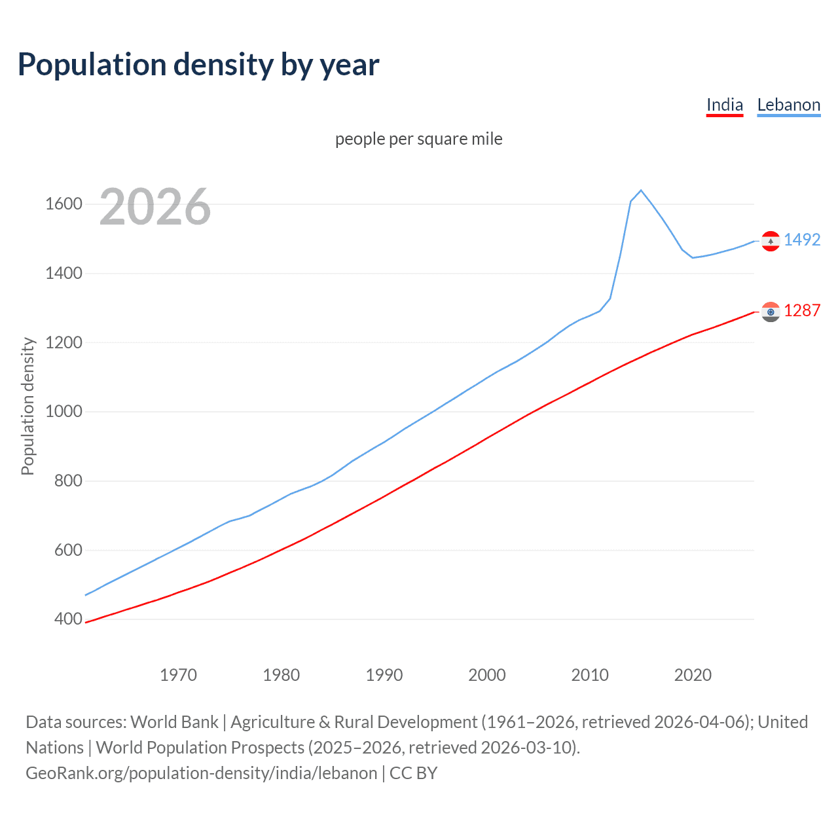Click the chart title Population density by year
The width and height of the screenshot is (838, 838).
point(198,65)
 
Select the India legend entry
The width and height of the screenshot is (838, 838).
point(724,105)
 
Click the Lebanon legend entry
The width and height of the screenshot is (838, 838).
point(788,105)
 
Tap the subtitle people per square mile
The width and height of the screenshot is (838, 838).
point(418,139)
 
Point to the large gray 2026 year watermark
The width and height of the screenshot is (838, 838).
point(155,207)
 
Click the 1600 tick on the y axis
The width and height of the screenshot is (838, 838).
point(64,204)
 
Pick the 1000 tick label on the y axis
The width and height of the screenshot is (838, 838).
point(64,412)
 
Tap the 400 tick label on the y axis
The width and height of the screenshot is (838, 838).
point(68,619)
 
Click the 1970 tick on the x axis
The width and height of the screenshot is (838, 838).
point(178,675)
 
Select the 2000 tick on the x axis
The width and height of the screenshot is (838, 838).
point(486,675)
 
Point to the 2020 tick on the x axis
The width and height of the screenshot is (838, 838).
point(693,675)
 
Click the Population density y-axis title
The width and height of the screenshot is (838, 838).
point(27,406)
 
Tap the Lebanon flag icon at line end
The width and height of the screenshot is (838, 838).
point(771,241)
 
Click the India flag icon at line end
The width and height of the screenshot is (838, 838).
point(771,312)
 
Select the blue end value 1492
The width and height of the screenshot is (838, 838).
point(802,240)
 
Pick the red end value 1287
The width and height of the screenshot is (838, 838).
point(802,311)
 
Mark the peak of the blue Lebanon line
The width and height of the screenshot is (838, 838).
point(641,191)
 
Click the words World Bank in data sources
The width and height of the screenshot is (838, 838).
point(174,722)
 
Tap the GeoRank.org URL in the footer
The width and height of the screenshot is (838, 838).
point(201,773)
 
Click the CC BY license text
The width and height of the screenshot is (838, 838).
point(413,773)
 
